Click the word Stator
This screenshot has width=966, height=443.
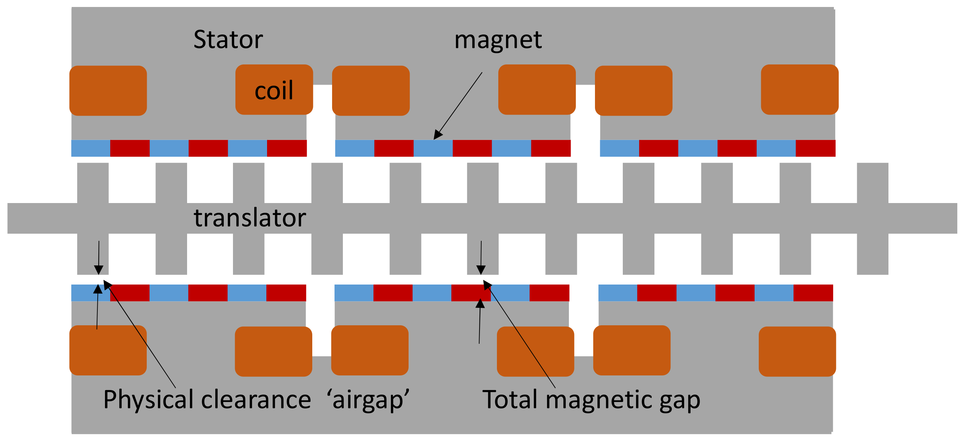(x=228, y=39)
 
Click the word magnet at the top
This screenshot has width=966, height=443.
(x=498, y=40)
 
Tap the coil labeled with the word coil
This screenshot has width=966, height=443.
(x=274, y=90)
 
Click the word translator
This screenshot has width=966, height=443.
(x=250, y=218)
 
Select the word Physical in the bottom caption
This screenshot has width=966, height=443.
(x=148, y=400)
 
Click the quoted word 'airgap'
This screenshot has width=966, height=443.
(x=368, y=400)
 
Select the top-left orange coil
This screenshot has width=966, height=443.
(x=108, y=91)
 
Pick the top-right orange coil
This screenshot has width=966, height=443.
(x=799, y=90)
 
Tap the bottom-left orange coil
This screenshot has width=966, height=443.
(x=108, y=350)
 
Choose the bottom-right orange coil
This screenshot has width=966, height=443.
(x=797, y=351)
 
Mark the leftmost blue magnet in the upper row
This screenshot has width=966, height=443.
(x=90, y=148)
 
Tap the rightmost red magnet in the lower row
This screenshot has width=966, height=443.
(x=813, y=293)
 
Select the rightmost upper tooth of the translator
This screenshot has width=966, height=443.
(x=872, y=183)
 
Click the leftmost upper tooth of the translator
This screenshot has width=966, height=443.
(x=92, y=183)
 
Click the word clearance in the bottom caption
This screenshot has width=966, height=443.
(x=256, y=400)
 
